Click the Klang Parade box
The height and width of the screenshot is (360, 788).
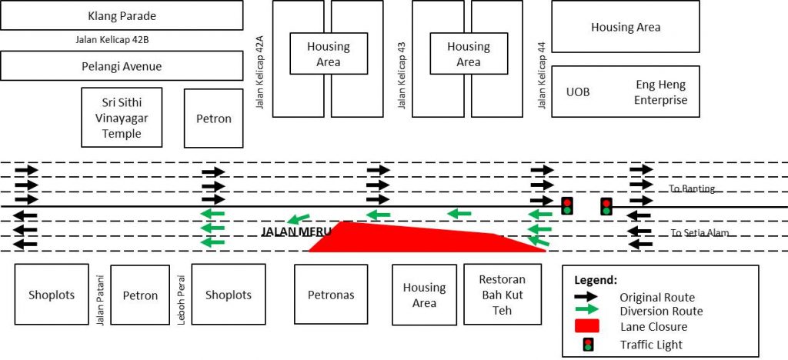122,15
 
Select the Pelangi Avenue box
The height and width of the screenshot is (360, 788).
122,66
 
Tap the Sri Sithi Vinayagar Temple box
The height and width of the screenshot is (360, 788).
122,117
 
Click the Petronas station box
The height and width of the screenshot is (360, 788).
330,295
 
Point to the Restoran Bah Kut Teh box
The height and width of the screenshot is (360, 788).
502,295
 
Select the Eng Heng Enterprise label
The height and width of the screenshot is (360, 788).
661,92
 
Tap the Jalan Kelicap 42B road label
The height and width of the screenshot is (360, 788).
116,40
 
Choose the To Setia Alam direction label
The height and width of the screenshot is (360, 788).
698,233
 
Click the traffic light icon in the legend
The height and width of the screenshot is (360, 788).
589,344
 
